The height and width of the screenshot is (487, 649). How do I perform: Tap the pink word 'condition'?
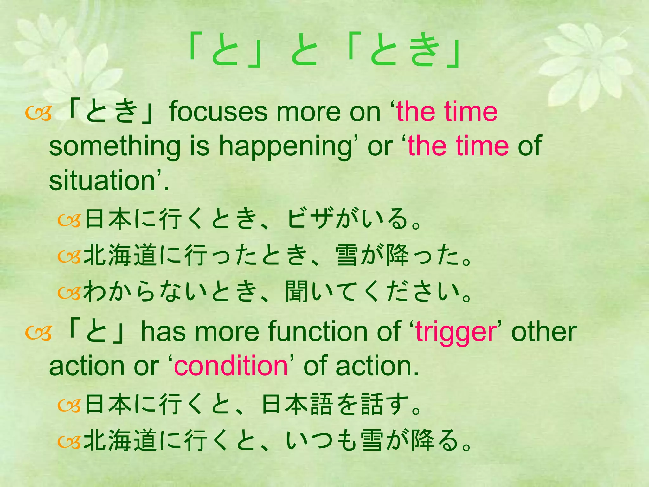click(230, 367)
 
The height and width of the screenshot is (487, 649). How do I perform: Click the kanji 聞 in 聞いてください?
click(296, 292)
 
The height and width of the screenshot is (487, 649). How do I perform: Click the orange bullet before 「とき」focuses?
click(38, 115)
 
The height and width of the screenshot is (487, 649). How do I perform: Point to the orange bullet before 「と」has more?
click(38, 334)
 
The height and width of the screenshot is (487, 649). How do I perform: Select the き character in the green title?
click(425, 51)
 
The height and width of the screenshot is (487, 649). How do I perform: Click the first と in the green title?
click(226, 51)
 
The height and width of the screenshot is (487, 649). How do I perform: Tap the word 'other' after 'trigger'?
click(544, 332)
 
